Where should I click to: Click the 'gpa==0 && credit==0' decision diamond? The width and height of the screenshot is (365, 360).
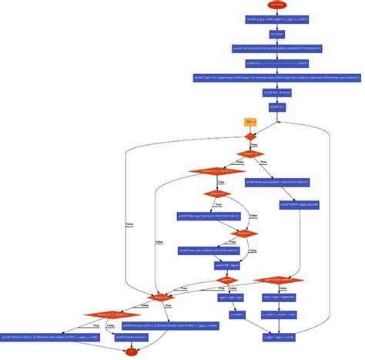pyautogui.click(x=278, y=280)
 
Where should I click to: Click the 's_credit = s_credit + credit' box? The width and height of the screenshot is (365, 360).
pyautogui.click(x=279, y=315)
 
